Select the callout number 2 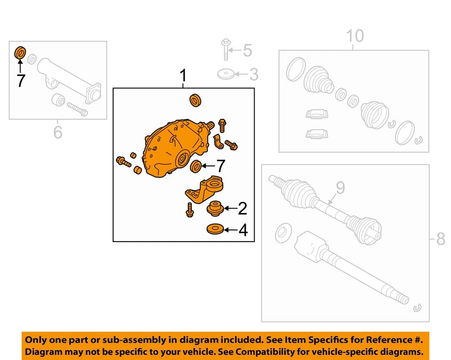242,207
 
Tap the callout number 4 242,230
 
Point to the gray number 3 253,74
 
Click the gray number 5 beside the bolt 247,50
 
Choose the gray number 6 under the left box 57,132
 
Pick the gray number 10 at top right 355,36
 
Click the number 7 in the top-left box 20,80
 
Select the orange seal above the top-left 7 20,53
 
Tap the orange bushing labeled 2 215,207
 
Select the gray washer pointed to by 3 226,74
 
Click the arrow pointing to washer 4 230,230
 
